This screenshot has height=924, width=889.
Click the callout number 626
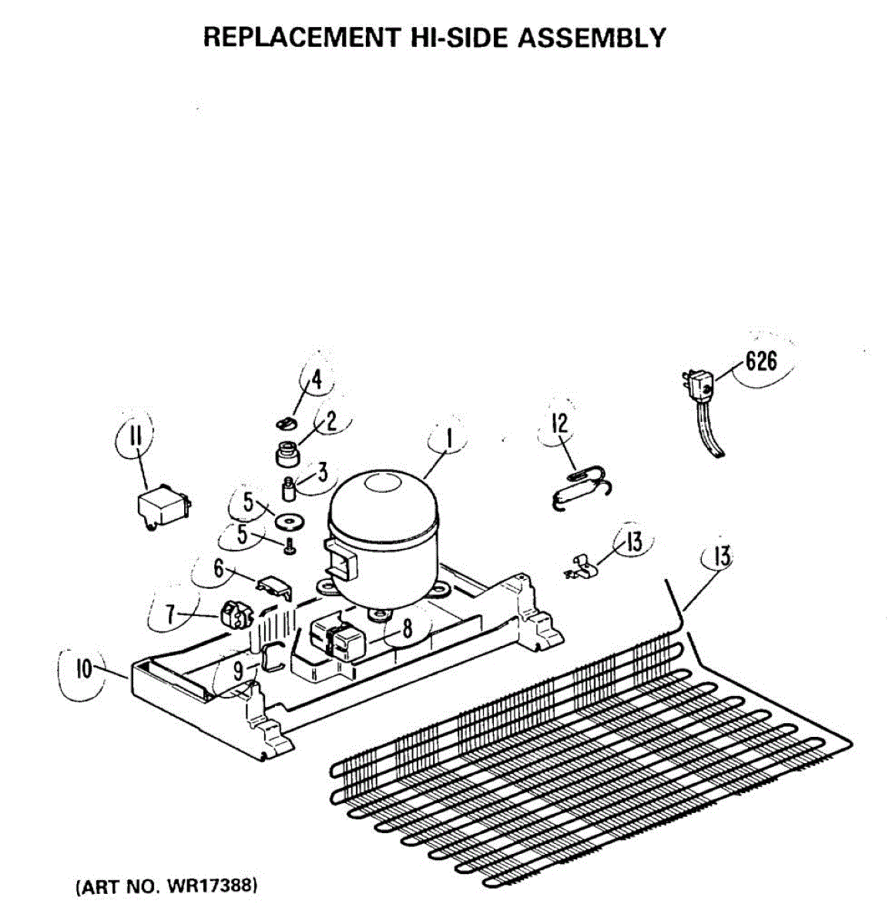(760, 361)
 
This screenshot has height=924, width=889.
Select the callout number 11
(136, 438)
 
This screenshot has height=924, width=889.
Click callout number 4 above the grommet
(317, 380)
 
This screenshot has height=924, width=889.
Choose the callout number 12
(560, 423)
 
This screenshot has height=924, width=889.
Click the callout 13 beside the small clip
(633, 542)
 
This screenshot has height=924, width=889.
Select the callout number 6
(219, 570)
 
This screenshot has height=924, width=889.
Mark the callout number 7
(170, 614)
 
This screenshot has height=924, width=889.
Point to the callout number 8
(408, 629)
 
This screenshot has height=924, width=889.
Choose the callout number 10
(83, 668)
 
